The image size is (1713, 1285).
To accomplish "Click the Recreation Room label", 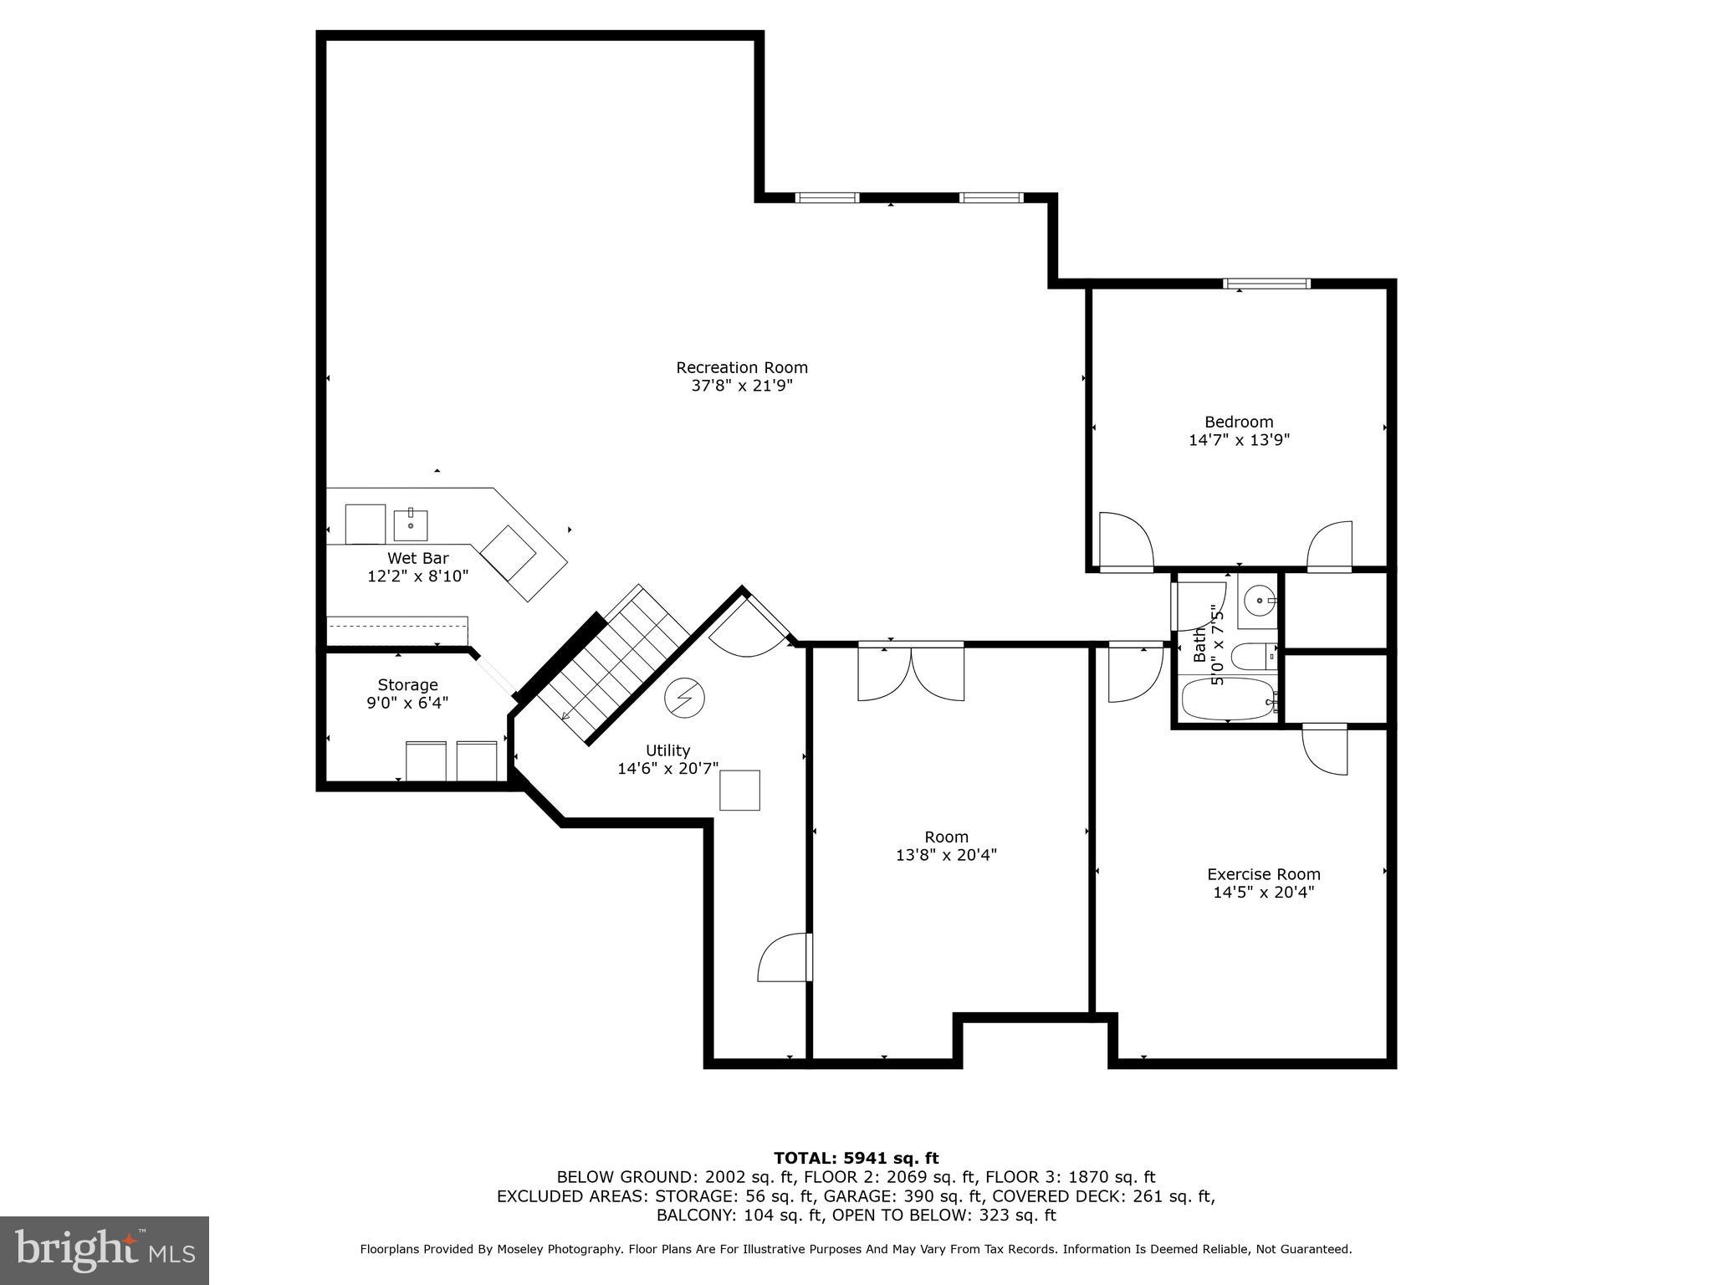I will (741, 367).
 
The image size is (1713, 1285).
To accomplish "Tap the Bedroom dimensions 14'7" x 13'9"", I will (1239, 440).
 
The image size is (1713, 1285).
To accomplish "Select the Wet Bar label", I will (417, 558).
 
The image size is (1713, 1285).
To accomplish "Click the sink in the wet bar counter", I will (411, 525).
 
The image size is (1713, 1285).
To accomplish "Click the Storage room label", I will (407, 684).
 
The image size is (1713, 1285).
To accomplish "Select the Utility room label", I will (667, 750).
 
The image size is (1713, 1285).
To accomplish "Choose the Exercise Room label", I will (1263, 874).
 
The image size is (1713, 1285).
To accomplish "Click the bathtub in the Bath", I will (1227, 699).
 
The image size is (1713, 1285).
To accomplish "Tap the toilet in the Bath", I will (1254, 657).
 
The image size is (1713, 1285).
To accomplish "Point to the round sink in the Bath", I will (1258, 600).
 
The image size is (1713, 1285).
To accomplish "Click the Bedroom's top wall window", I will (1266, 284).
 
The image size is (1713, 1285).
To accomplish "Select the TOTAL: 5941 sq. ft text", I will (856, 1158).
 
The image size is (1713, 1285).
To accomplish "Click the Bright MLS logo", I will (105, 1251).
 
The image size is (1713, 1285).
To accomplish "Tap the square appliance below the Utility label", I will (739, 790).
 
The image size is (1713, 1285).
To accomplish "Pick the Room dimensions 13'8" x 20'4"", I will (946, 855).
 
